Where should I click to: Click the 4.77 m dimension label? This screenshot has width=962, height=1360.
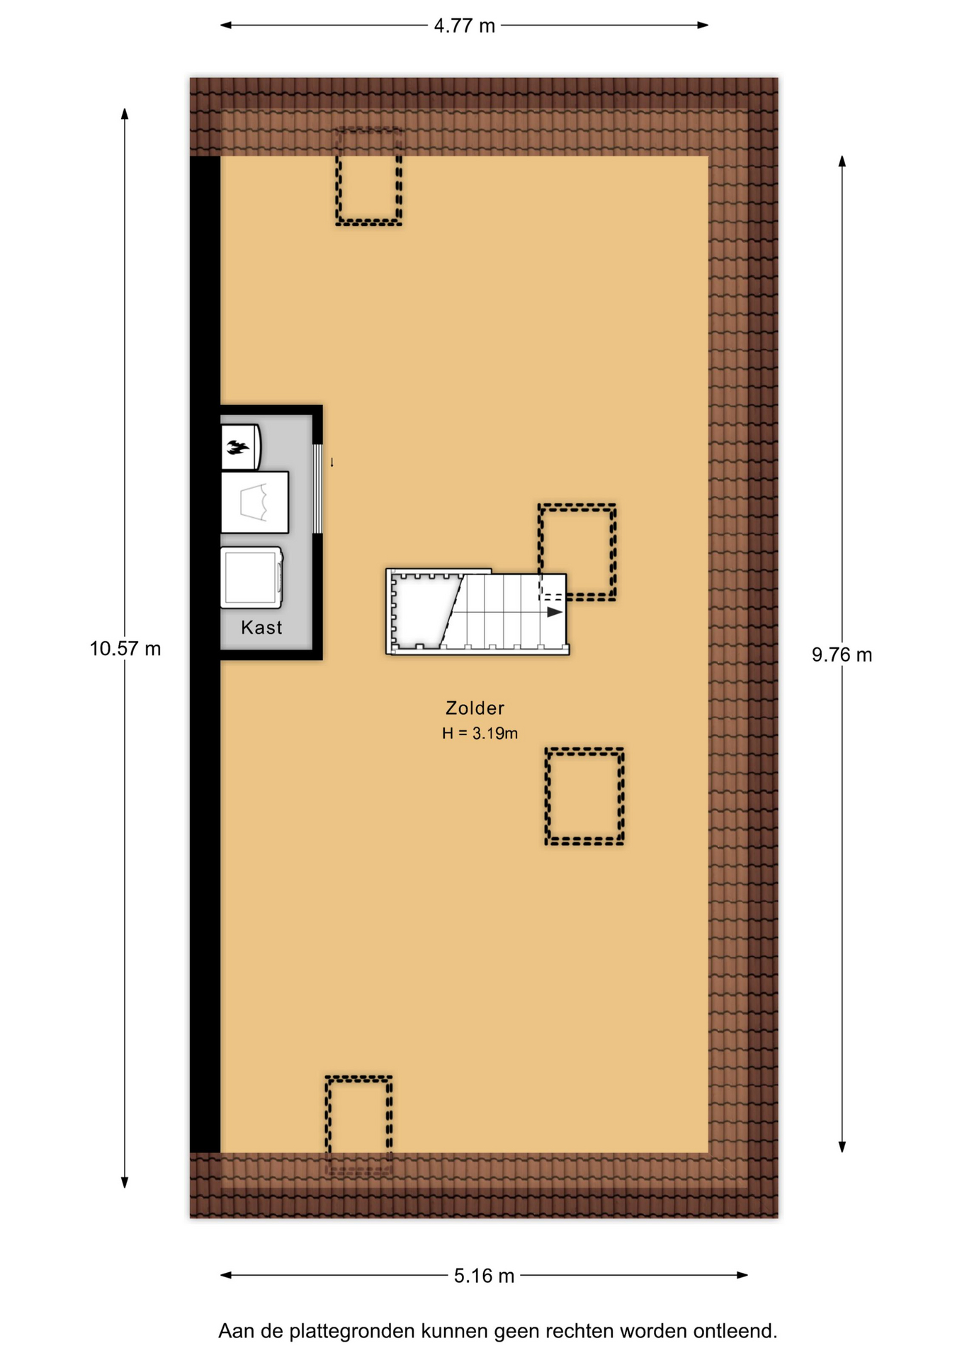pyautogui.click(x=464, y=26)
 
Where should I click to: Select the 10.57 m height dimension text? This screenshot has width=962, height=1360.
pyautogui.click(x=125, y=649)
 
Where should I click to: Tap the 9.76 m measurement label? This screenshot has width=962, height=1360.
pyautogui.click(x=842, y=655)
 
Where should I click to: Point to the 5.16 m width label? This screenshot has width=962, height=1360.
pyautogui.click(x=484, y=1276)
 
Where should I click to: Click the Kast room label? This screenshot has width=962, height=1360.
pyautogui.click(x=261, y=628)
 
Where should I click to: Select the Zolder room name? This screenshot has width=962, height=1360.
pyautogui.click(x=475, y=708)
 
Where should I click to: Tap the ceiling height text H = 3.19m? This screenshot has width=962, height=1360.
pyautogui.click(x=480, y=733)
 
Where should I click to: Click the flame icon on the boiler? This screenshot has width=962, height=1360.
pyautogui.click(x=237, y=447)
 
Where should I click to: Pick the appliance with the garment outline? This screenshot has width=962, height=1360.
pyautogui.click(x=255, y=502)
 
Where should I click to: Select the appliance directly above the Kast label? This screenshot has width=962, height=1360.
pyautogui.click(x=251, y=577)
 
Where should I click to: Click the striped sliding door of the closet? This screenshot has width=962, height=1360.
pyautogui.click(x=318, y=489)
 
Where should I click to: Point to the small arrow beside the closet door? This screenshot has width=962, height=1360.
pyautogui.click(x=332, y=463)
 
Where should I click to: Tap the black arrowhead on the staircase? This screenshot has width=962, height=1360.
pyautogui.click(x=555, y=612)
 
